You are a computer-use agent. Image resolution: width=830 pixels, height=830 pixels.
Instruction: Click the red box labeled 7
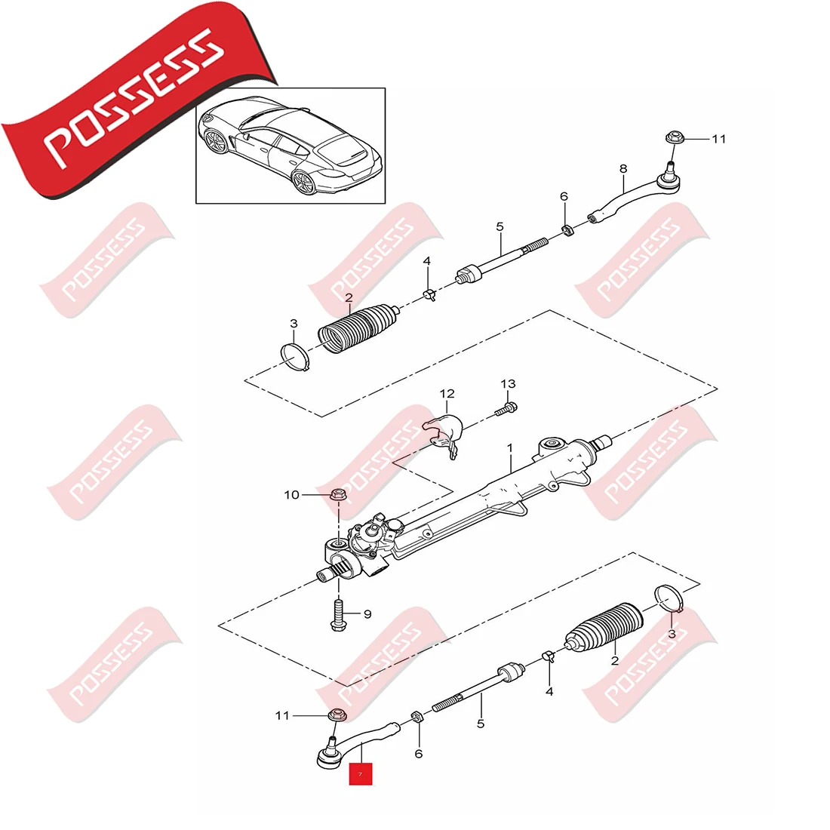(360, 773)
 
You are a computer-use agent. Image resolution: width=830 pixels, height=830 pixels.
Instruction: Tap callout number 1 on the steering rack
(510, 447)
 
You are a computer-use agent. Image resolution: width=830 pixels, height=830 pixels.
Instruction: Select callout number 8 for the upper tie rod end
(622, 169)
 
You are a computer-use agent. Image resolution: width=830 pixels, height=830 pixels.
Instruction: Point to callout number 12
(447, 394)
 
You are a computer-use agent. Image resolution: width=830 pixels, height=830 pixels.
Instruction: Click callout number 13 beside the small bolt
(508, 384)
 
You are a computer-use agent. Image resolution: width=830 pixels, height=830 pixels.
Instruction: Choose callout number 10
(292, 495)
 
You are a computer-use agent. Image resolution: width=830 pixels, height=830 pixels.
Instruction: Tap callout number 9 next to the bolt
(367, 614)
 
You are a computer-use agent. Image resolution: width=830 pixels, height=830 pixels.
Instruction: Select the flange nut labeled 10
(337, 496)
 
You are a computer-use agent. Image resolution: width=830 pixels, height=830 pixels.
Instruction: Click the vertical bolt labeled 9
(337, 613)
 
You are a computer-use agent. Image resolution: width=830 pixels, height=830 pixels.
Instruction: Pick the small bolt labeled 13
(506, 410)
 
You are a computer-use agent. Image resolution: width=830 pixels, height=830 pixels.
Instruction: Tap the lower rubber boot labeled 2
(604, 626)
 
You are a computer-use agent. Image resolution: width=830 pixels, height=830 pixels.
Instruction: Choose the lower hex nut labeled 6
(415, 716)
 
